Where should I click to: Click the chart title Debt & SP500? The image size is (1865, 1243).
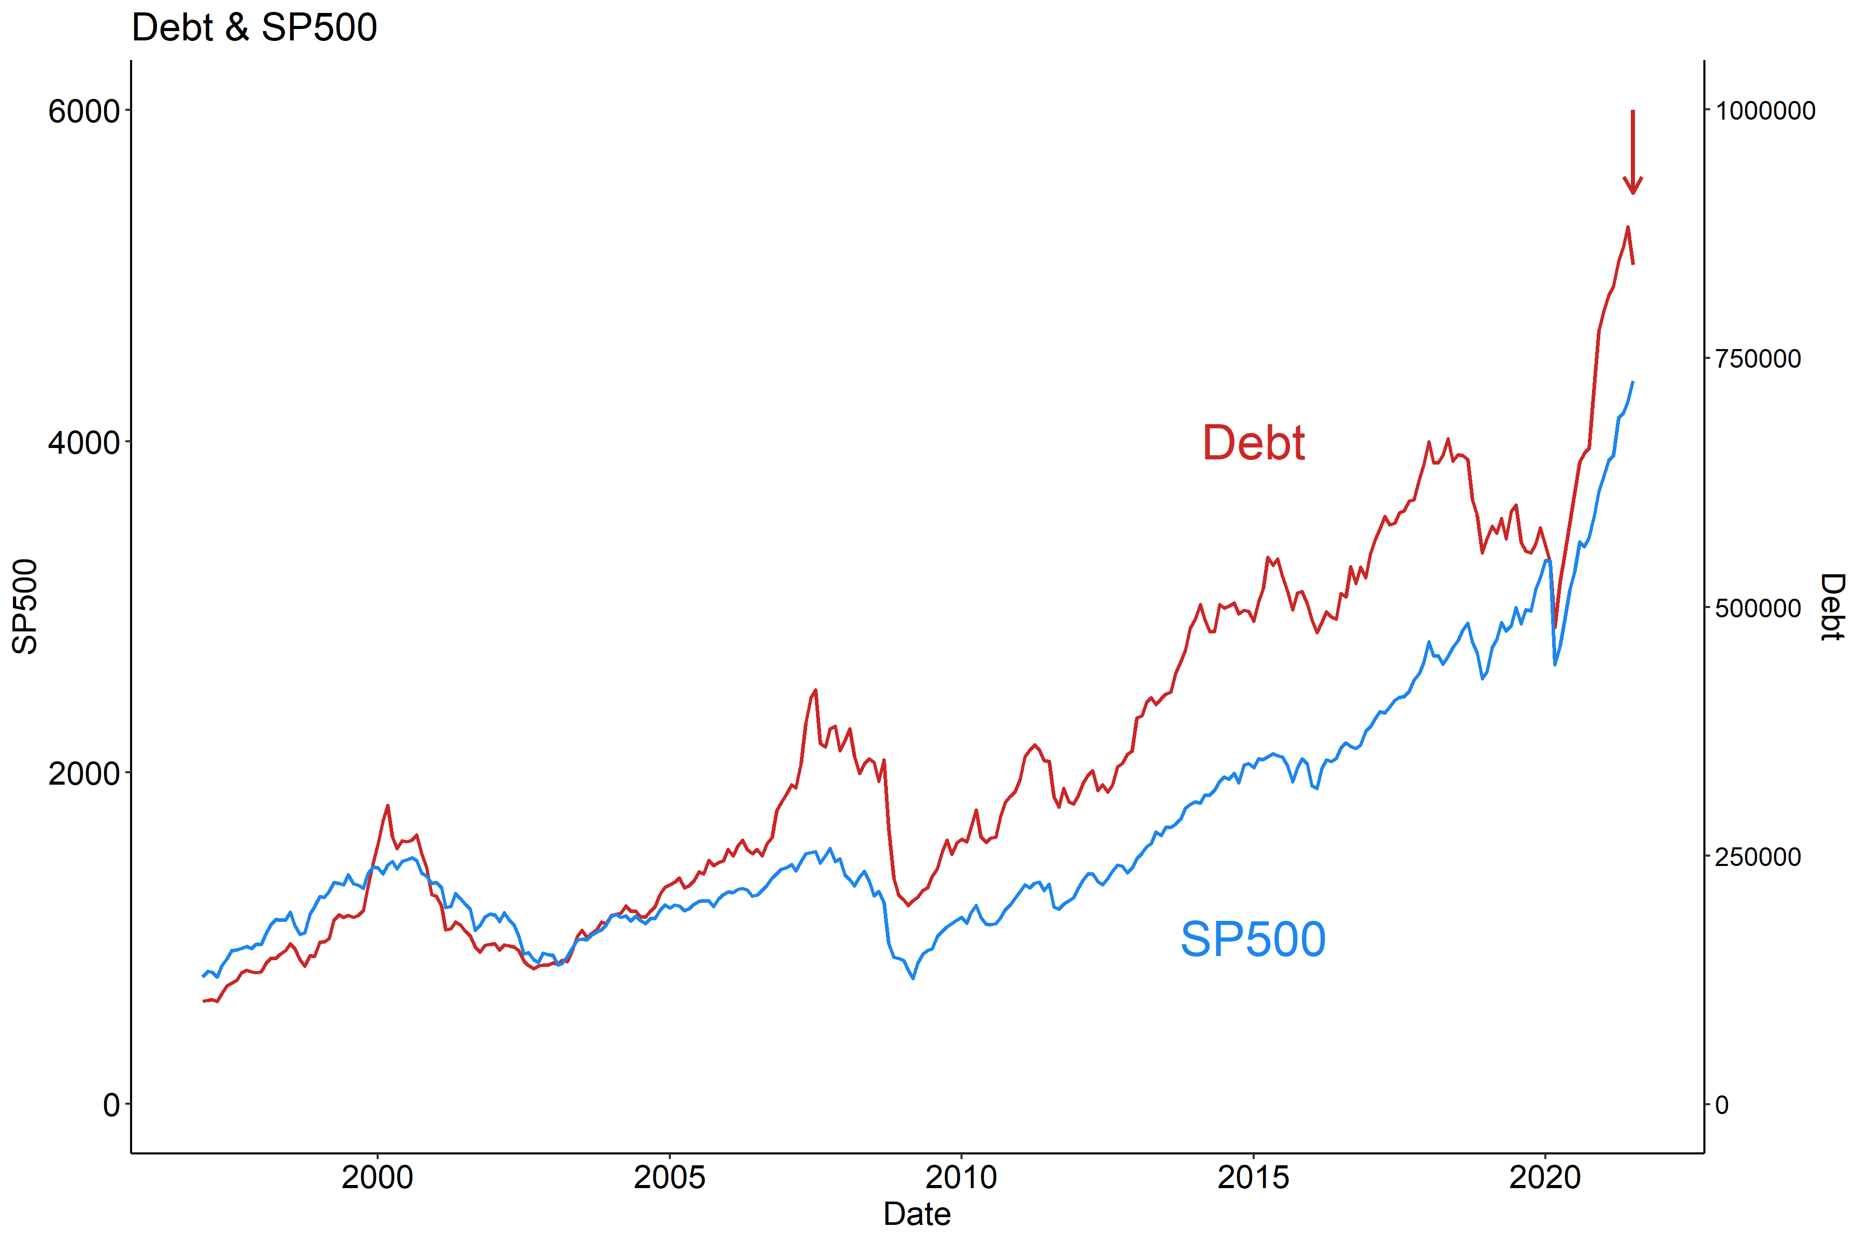(254, 28)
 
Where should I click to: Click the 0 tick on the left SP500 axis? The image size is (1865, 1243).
(111, 1104)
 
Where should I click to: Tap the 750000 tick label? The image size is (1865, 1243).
(1758, 359)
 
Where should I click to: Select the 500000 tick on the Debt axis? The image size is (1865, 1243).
(1758, 608)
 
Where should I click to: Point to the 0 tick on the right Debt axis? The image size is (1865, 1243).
(1721, 1104)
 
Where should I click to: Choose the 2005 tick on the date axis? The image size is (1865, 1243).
(669, 1178)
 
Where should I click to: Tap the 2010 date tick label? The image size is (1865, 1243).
(961, 1178)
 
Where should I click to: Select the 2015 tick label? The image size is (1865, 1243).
(1253, 1178)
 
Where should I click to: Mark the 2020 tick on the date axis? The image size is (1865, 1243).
(1545, 1178)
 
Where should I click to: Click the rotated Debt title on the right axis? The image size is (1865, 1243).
(1832, 606)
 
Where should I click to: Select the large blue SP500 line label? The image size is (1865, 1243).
(1253, 940)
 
